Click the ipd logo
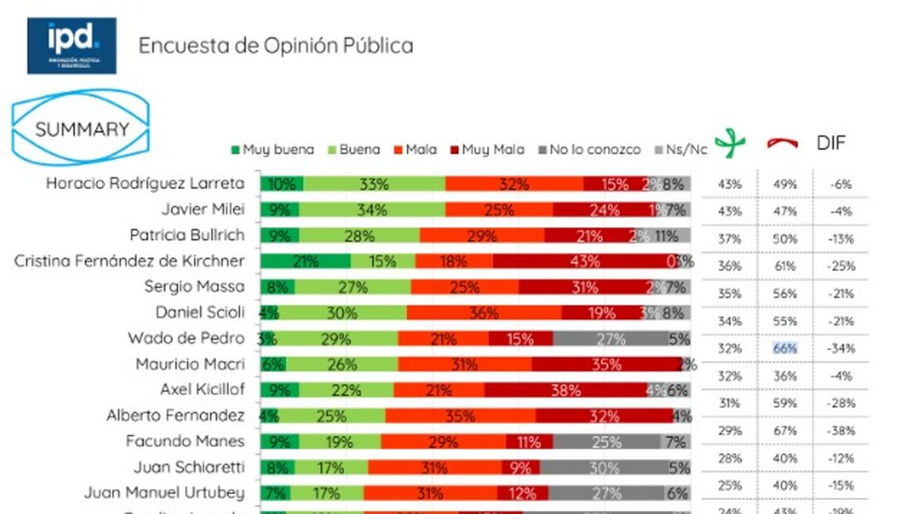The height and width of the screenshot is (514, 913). click(x=72, y=46)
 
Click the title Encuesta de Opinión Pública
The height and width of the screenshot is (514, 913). click(x=275, y=46)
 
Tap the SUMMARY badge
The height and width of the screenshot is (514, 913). click(x=82, y=129)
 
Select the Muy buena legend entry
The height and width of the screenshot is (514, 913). click(x=272, y=149)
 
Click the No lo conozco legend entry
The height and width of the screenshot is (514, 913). click(x=590, y=149)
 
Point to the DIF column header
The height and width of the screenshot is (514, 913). click(x=831, y=143)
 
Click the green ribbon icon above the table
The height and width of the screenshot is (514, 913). click(x=730, y=143)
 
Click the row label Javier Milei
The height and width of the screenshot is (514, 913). click(x=202, y=209)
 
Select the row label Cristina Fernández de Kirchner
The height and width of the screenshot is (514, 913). click(x=129, y=261)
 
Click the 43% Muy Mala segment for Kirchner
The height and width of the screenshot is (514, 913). click(x=584, y=261)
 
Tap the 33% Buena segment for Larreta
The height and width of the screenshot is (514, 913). click(x=374, y=184)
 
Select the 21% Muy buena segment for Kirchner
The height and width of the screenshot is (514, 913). click(x=305, y=261)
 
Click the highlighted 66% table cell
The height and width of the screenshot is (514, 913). click(x=785, y=349)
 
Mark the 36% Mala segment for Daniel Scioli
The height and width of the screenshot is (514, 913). click(x=484, y=312)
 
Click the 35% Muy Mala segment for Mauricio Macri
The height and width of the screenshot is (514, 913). click(x=606, y=365)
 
